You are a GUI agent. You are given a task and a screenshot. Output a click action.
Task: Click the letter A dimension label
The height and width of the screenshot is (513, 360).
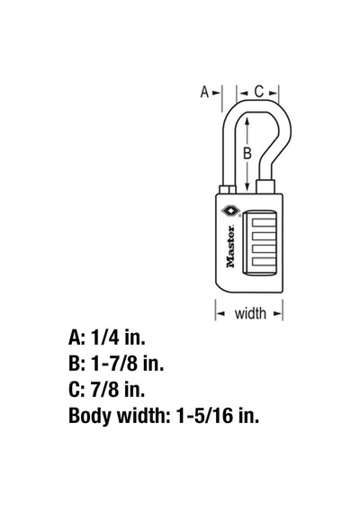tap(204, 92)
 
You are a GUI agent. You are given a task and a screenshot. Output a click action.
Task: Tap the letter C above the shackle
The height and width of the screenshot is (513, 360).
tap(258, 92)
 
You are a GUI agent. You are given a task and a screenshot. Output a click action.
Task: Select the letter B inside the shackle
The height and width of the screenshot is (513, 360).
tap(247, 153)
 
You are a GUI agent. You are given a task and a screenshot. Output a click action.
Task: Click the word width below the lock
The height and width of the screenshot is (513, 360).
tap(250, 313)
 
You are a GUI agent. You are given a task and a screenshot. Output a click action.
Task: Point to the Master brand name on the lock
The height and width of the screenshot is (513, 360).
tap(230, 247)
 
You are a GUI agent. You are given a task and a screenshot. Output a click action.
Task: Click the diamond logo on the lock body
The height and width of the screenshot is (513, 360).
tap(230, 211)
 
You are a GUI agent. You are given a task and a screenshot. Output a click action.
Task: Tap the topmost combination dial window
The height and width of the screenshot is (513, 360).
tap(264, 223)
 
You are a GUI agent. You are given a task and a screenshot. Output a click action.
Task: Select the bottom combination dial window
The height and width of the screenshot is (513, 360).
tap(264, 261)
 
